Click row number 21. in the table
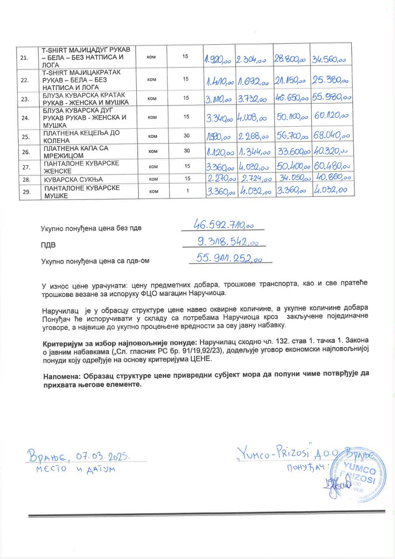[x=25, y=58]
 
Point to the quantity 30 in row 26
[x=187, y=151]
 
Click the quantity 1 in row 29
[x=187, y=191]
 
